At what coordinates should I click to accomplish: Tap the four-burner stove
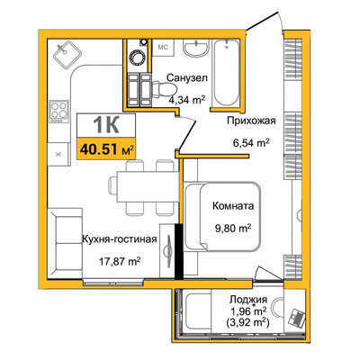tap(58, 112)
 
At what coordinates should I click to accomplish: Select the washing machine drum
tap(138, 57)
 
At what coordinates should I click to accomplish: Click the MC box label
tap(163, 48)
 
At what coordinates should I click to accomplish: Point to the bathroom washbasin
tap(195, 48)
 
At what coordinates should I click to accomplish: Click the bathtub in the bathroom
tap(226, 73)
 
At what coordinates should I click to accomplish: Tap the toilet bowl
tap(164, 90)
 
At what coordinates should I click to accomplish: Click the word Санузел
tap(186, 78)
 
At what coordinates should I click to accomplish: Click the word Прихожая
tap(251, 121)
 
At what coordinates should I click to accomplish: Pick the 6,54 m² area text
tap(251, 142)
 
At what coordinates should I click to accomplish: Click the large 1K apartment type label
tap(106, 125)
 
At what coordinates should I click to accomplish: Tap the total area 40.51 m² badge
tap(106, 149)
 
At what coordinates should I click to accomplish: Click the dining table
tap(147, 186)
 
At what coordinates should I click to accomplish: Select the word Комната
tap(233, 206)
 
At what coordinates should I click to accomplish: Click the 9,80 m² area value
tap(233, 229)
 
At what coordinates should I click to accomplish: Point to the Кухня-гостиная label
tap(120, 239)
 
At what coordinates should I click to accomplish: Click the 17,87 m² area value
tap(120, 262)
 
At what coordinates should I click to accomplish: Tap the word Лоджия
tap(248, 300)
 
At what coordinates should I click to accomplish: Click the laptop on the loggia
tap(296, 318)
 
